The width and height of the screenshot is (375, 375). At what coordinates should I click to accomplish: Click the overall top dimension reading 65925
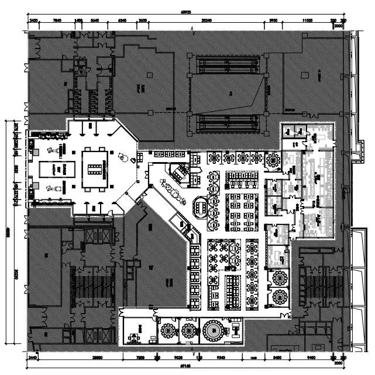point(187,11)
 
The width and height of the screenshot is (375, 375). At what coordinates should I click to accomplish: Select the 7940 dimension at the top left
point(57,20)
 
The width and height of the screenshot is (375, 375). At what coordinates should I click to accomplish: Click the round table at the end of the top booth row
point(273,159)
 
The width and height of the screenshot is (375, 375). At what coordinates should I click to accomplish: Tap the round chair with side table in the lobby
point(122,157)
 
